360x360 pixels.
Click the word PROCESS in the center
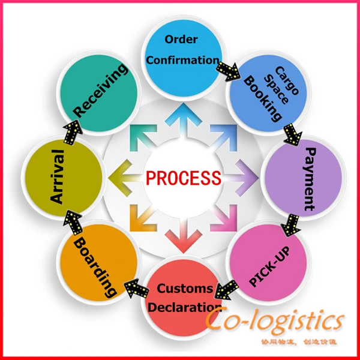point(184,178)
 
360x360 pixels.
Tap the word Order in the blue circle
point(181,40)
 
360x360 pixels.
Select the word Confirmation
point(182,60)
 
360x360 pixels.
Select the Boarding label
point(95,266)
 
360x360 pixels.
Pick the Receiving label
point(100,91)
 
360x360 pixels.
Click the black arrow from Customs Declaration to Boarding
point(137,289)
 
